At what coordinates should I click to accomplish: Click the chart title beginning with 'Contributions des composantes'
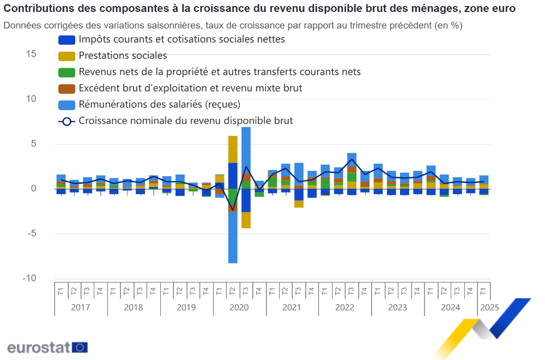[x=259, y=9]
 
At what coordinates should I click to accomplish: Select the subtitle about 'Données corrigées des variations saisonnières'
[x=233, y=26]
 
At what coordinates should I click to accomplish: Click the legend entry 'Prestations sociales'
[x=123, y=56]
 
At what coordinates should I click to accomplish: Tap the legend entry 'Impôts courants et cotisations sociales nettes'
[x=181, y=39]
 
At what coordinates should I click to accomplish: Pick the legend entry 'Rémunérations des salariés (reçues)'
[x=159, y=104]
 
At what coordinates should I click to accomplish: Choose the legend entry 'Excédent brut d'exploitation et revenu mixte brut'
[x=190, y=88]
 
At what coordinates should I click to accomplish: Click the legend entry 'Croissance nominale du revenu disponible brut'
[x=185, y=121]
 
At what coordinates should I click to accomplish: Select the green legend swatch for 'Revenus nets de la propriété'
[x=66, y=72]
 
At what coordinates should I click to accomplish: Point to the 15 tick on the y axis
[x=31, y=54]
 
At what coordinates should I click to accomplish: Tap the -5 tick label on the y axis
[x=31, y=233]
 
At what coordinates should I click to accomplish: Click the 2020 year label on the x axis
[x=239, y=307]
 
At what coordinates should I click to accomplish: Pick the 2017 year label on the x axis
[x=81, y=307]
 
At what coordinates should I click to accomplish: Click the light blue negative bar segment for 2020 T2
[x=233, y=237]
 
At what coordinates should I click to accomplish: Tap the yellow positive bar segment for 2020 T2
[x=233, y=149]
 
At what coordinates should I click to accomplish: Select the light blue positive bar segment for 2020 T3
[x=246, y=150]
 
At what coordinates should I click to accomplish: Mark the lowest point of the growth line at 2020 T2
[x=233, y=210]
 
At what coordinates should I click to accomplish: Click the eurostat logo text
[x=38, y=347]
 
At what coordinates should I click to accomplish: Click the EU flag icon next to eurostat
[x=80, y=347]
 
